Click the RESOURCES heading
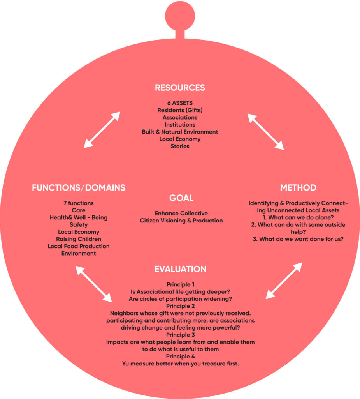point(180,87)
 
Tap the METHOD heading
point(298,188)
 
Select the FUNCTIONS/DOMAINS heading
point(79,188)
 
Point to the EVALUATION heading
point(180,269)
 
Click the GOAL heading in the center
point(181,198)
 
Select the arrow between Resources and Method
point(266,132)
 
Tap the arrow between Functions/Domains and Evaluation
point(93,284)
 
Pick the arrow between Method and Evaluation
point(284,281)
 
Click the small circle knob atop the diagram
point(180,12)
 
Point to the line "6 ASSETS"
point(180,103)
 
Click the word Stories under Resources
point(180,147)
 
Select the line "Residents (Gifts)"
point(180,110)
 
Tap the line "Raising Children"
point(79,239)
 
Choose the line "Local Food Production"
point(79,246)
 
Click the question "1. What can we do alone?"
point(298,217)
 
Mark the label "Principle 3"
point(180,335)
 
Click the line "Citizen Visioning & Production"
point(181,221)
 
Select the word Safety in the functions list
point(79,224)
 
